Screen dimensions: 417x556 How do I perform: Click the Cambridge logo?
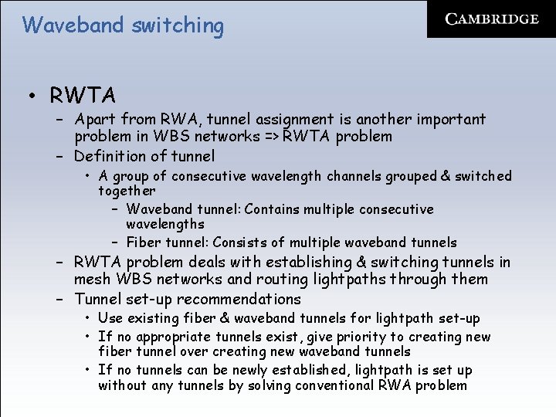[492, 19]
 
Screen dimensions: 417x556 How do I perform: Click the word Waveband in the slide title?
[73, 25]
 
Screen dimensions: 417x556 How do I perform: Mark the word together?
[127, 191]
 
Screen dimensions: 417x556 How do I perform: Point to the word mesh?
[90, 280]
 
